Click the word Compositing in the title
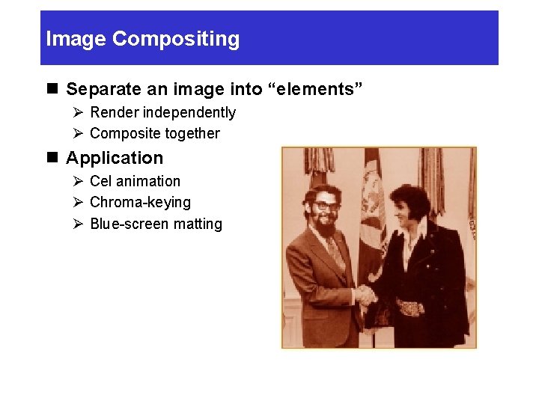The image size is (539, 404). [x=176, y=39]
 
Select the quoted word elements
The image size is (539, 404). [x=317, y=90]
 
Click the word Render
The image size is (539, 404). [x=114, y=112]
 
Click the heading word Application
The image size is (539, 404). [x=115, y=158]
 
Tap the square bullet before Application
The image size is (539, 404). [x=52, y=158]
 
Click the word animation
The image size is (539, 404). [x=149, y=181]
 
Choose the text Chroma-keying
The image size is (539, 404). [x=140, y=202]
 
